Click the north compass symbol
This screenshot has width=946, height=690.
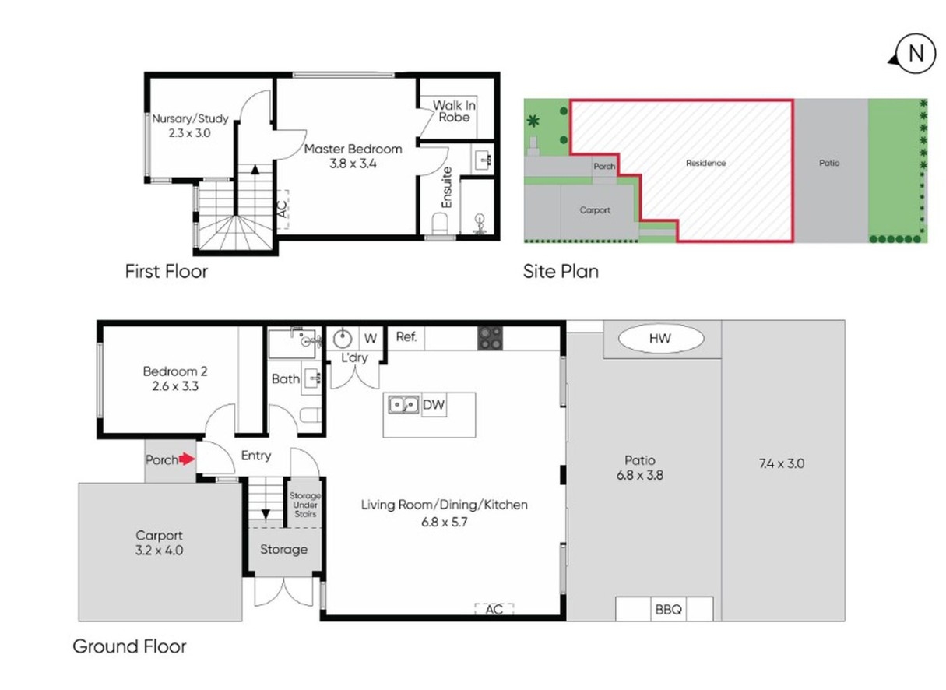[916, 54]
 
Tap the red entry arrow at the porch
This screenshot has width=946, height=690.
[187, 459]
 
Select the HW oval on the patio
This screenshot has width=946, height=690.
[661, 338]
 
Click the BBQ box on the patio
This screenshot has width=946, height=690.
[666, 609]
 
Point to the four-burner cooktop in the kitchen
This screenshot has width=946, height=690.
[490, 337]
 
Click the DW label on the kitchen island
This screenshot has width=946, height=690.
[432, 405]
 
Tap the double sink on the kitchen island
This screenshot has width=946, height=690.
[403, 405]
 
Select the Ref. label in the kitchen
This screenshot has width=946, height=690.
[406, 337]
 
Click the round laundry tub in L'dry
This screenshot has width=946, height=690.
[343, 339]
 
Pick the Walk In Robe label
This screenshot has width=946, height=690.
[454, 111]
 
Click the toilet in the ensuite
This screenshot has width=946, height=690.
[441, 224]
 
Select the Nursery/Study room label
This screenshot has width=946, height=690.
[190, 119]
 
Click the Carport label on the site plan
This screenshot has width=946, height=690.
[595, 210]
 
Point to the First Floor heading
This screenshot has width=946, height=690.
[166, 272]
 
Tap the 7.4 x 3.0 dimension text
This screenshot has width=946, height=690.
[781, 463]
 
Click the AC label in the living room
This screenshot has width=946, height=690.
[494, 609]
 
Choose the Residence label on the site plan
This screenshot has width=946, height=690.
[705, 163]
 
